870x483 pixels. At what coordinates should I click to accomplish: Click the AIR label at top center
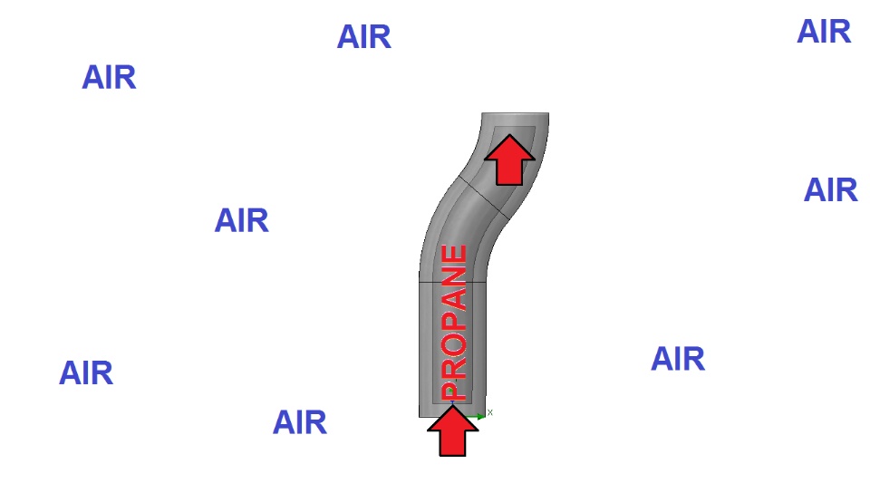(x=364, y=37)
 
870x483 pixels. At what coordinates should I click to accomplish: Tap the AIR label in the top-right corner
(x=824, y=32)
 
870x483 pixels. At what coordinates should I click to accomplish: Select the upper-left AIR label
(x=109, y=78)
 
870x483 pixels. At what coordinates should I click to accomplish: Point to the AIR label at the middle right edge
(x=831, y=190)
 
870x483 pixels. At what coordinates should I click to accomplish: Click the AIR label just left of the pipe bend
(x=241, y=221)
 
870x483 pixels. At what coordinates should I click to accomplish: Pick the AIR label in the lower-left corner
(x=86, y=373)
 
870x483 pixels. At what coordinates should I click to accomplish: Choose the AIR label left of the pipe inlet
(x=300, y=423)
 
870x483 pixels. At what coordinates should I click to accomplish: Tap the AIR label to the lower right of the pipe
(x=678, y=359)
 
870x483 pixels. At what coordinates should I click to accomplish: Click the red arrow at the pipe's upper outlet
(x=509, y=159)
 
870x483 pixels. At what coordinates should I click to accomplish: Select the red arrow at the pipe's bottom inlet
(x=453, y=430)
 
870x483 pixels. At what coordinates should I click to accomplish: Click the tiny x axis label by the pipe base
(x=490, y=412)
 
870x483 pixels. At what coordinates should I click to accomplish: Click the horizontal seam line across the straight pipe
(x=453, y=282)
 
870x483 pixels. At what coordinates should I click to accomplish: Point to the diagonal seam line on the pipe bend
(x=484, y=198)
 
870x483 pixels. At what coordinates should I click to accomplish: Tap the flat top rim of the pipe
(x=515, y=113)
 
